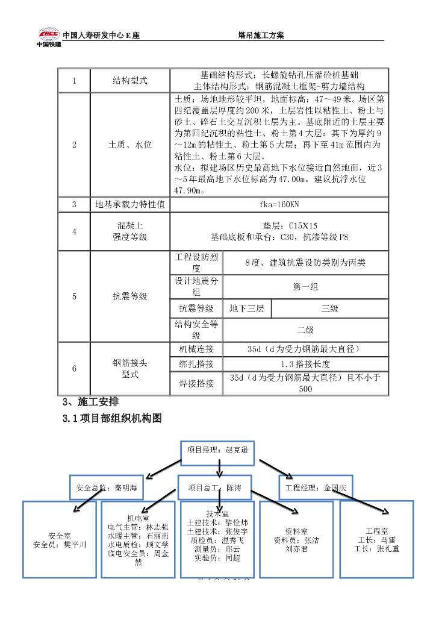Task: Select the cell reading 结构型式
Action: pyautogui.click(x=129, y=81)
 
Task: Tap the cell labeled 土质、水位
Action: pyautogui.click(x=129, y=145)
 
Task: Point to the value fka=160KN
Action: pyautogui.click(x=279, y=205)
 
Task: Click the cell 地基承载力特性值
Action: pyautogui.click(x=129, y=205)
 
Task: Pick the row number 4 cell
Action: pyautogui.click(x=74, y=231)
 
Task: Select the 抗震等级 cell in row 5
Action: pyautogui.click(x=129, y=296)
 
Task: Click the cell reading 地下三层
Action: pyautogui.click(x=247, y=308)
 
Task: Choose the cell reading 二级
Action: pyautogui.click(x=305, y=330)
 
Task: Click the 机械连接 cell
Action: pyautogui.click(x=196, y=349)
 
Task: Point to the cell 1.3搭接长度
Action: pyautogui.click(x=305, y=365)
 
